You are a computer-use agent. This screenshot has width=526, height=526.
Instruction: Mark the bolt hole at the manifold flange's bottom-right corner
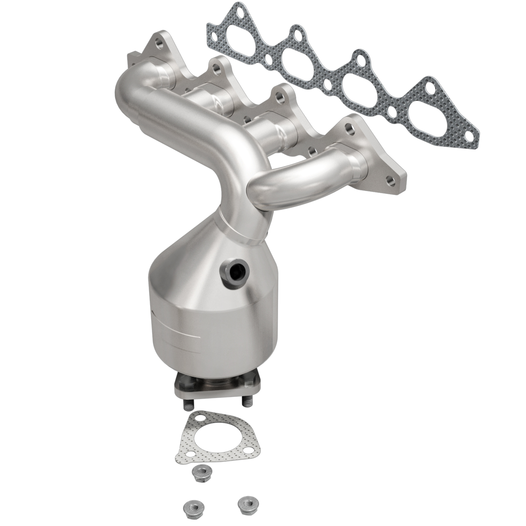[390, 182]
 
